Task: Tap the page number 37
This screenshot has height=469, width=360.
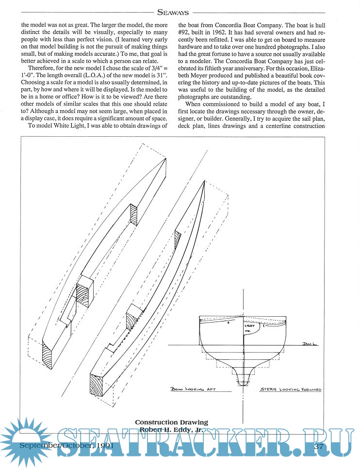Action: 319,446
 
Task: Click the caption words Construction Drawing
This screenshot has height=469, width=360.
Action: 171,422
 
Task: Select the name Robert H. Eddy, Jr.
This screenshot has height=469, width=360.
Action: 171,429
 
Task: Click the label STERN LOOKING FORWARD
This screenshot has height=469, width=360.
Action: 291,389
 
